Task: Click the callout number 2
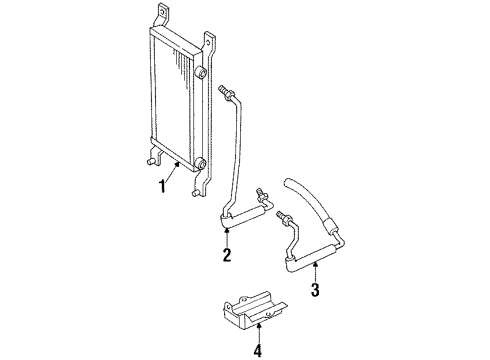coord(227,255)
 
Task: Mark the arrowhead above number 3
coord(315,263)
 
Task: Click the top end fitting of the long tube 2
coord(227,92)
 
